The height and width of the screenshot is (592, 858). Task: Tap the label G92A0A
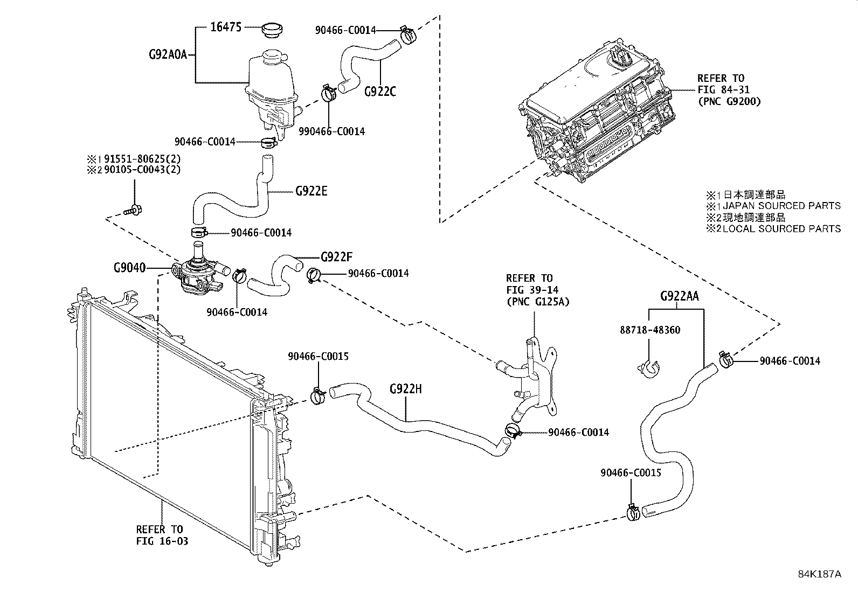(x=168, y=54)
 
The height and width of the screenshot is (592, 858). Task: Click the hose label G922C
(x=380, y=92)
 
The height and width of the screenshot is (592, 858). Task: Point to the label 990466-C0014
(x=333, y=131)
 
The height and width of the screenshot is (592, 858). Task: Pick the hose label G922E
(x=311, y=191)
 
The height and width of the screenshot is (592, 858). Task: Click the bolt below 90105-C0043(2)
(x=132, y=211)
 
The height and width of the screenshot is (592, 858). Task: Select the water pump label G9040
(x=129, y=267)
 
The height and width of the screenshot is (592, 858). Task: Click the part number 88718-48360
(x=649, y=330)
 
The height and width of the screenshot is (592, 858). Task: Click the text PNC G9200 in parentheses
(x=729, y=101)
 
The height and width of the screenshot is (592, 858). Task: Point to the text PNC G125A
(x=537, y=302)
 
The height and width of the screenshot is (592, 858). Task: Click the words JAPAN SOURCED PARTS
(x=781, y=206)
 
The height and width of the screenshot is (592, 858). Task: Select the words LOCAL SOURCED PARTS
(x=781, y=229)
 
